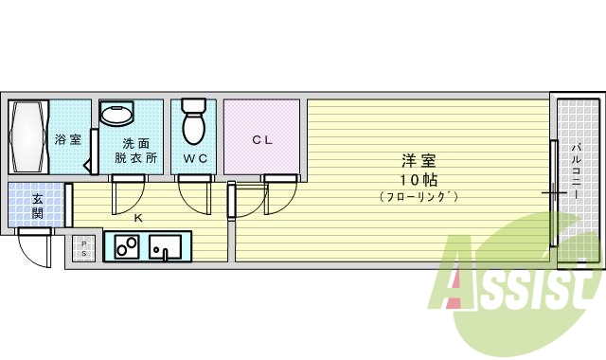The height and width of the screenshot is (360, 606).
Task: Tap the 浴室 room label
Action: pyautogui.click(x=66, y=140)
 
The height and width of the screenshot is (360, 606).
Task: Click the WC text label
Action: pyautogui.click(x=195, y=157)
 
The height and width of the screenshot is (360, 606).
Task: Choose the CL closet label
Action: pyautogui.click(x=262, y=140)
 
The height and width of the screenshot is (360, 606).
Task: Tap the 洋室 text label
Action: pyautogui.click(x=418, y=160)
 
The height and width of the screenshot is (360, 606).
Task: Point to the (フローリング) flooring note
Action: pyautogui.click(x=418, y=197)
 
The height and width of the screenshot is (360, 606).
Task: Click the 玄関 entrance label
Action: pyautogui.click(x=37, y=206)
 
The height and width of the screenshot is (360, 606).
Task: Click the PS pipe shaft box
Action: pyautogui.click(x=83, y=249)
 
